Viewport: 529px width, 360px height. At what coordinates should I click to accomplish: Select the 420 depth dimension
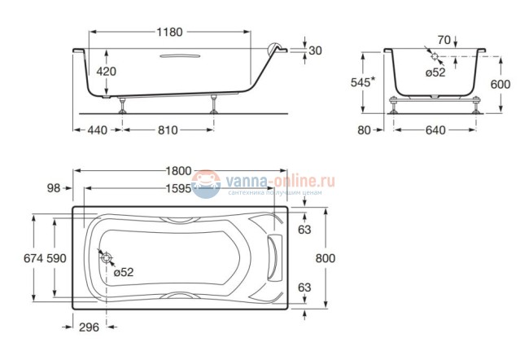(107, 72)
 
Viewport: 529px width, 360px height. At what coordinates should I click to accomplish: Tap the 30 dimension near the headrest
(316, 50)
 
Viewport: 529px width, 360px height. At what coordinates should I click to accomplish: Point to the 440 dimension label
(97, 130)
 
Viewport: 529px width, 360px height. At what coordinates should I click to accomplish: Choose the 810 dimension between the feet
(167, 130)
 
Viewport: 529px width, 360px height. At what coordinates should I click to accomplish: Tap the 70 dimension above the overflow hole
(443, 39)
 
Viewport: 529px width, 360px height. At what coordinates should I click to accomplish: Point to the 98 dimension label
(55, 188)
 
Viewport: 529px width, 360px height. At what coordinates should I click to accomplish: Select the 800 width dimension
(326, 257)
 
